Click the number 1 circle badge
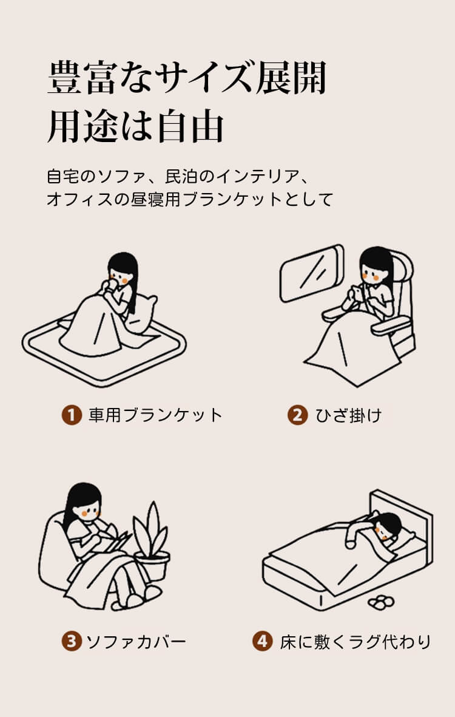[x=72, y=415]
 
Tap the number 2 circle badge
[x=297, y=415]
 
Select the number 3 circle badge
[x=72, y=641]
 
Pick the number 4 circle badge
[x=262, y=641]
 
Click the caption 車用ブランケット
[x=155, y=415]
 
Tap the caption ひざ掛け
[x=349, y=415]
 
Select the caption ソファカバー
[x=136, y=642]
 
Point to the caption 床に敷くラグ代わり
[x=356, y=642]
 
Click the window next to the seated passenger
[x=312, y=273]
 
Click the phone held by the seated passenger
[x=354, y=293]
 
